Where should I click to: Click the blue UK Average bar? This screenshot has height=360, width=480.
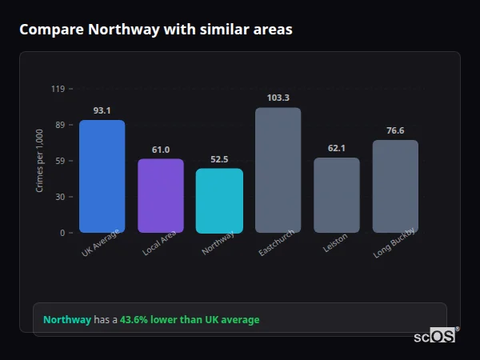point(102,176)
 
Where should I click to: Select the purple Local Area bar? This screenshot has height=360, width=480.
point(160,196)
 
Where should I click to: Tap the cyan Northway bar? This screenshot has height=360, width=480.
point(219,200)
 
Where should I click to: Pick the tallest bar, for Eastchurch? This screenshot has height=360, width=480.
point(278,170)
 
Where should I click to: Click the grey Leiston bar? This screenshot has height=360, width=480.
point(336,195)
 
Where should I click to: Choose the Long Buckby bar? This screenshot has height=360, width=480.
point(395,186)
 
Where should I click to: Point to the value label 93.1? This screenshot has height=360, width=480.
point(102,110)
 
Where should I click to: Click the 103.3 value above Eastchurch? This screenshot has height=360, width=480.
point(278,98)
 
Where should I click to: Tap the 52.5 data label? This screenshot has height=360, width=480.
point(219,159)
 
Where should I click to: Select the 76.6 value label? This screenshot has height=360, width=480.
point(395,130)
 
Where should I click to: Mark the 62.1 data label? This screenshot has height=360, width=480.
point(336,148)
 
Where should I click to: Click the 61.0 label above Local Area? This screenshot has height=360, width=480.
point(160,150)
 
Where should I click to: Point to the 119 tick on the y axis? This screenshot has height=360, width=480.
point(58,89)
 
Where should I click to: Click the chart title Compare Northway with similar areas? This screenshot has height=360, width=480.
point(155,30)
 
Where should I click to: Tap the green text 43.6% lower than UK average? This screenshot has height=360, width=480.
point(190,320)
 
